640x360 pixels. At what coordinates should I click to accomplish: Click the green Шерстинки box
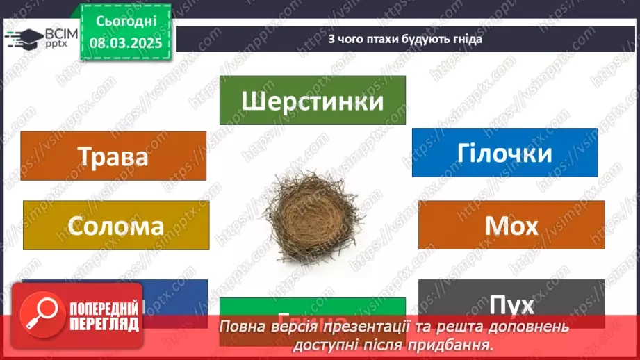coord(312,101)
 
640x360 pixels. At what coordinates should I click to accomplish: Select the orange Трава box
coord(113,155)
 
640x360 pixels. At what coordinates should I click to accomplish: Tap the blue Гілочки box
coord(504,152)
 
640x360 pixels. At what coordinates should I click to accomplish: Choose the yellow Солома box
coord(116,225)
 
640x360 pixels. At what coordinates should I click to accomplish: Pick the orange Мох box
coord(511,225)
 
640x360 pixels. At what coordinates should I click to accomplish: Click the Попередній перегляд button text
coord(103,316)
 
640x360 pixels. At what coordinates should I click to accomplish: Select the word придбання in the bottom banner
coord(459,343)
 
